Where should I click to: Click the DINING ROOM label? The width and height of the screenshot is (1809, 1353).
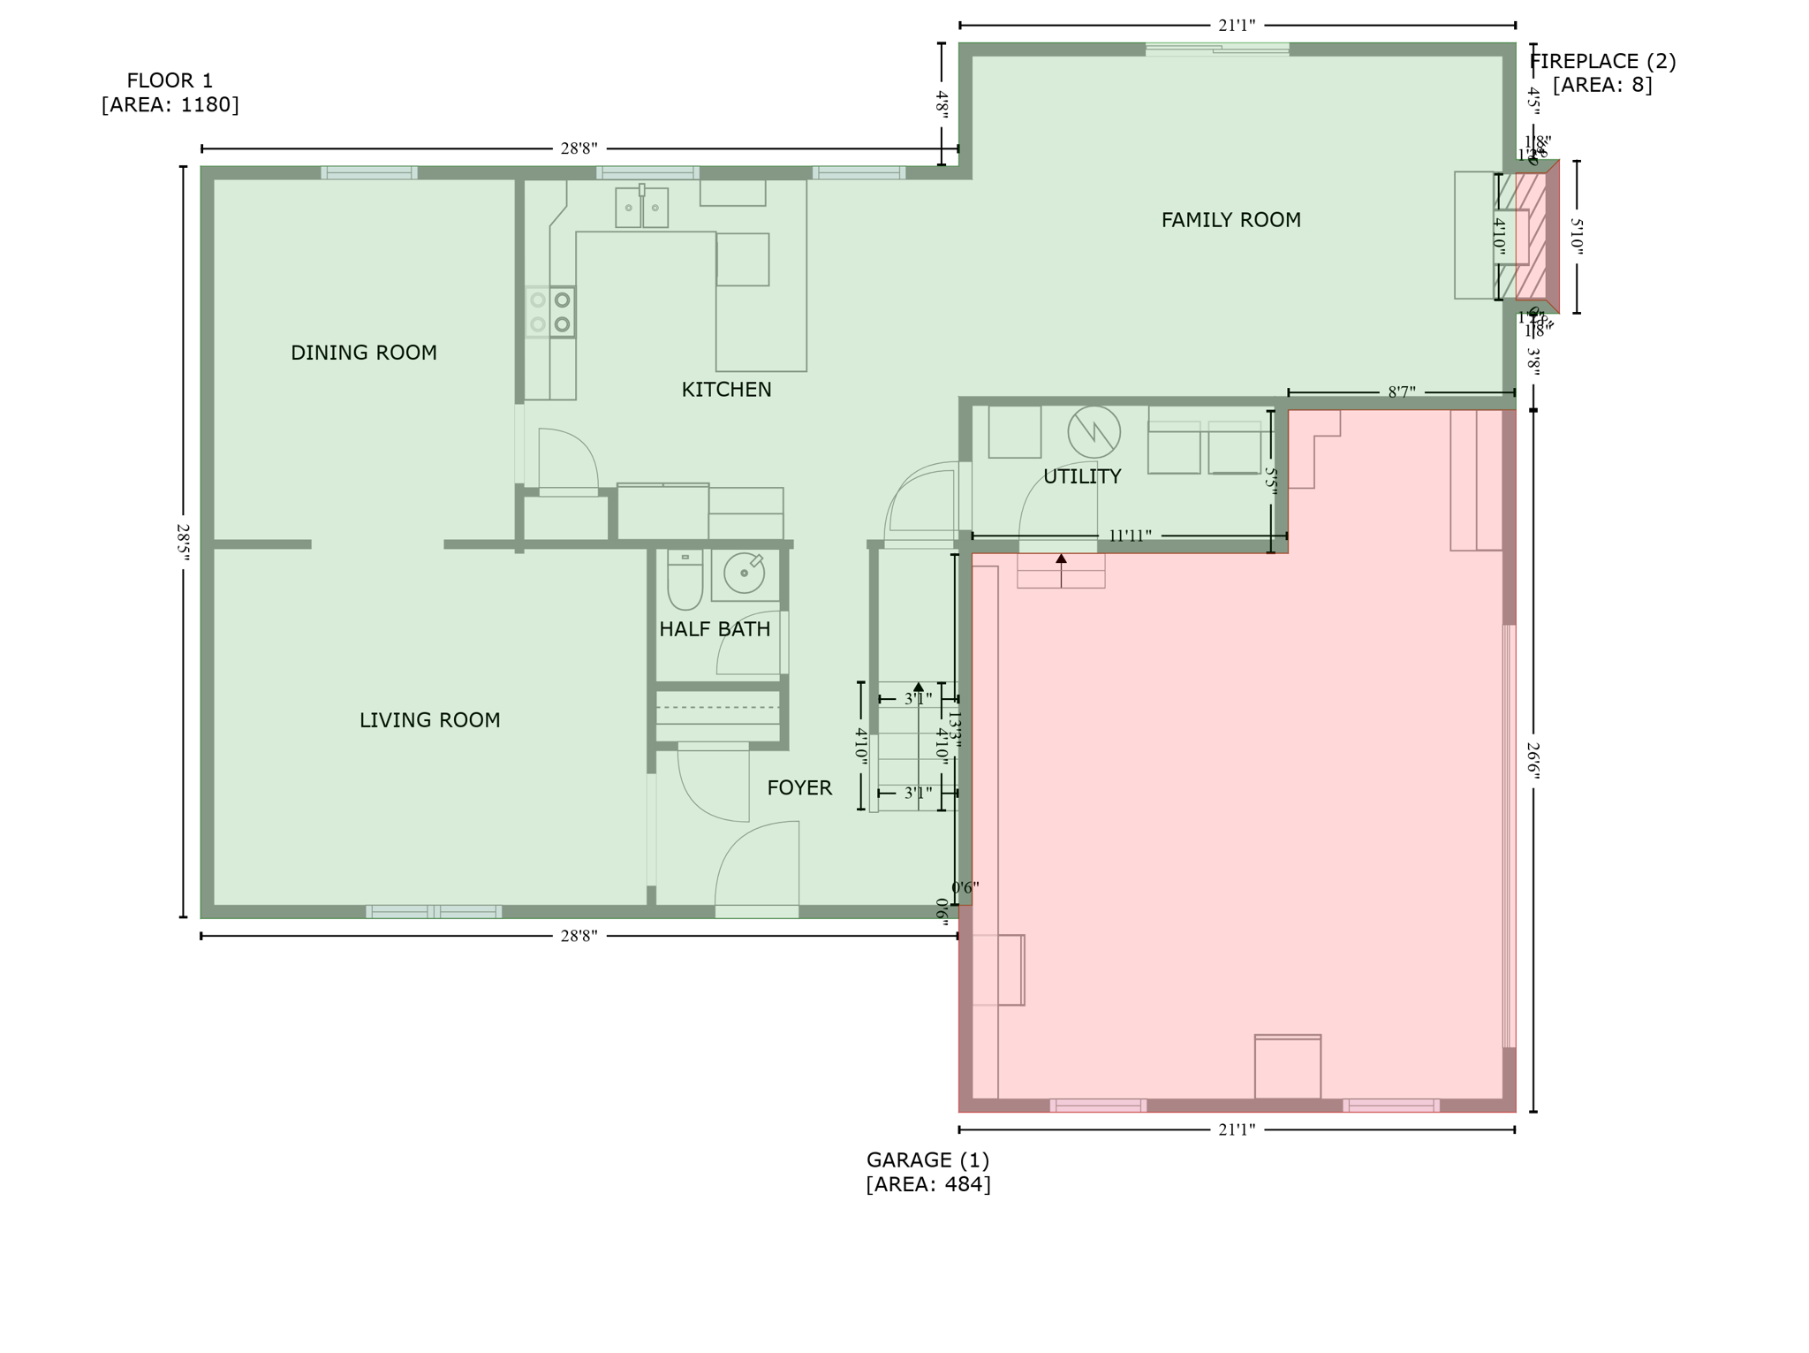click(364, 353)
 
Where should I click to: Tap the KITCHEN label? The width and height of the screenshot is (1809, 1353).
click(726, 390)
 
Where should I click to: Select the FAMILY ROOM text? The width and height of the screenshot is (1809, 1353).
click(1230, 220)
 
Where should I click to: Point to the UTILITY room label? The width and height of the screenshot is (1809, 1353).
click(1082, 476)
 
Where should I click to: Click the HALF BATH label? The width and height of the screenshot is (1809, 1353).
click(715, 629)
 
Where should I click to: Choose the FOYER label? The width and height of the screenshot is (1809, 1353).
click(799, 787)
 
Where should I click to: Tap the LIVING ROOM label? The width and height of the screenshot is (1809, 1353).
click(429, 720)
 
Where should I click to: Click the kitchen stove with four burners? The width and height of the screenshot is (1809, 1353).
click(549, 312)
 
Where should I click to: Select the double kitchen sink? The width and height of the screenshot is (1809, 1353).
click(641, 208)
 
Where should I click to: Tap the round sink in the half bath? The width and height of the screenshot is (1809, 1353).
click(745, 574)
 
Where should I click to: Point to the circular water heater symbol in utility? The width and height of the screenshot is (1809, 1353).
click(1094, 432)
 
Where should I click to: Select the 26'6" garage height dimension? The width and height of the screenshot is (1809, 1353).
click(1533, 761)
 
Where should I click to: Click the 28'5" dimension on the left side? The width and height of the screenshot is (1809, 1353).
click(183, 542)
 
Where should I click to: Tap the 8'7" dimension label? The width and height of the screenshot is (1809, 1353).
click(1401, 391)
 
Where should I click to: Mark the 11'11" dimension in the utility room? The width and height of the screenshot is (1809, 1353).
click(1130, 536)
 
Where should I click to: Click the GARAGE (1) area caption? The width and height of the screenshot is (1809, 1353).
click(927, 1171)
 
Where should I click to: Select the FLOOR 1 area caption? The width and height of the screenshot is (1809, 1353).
click(170, 93)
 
